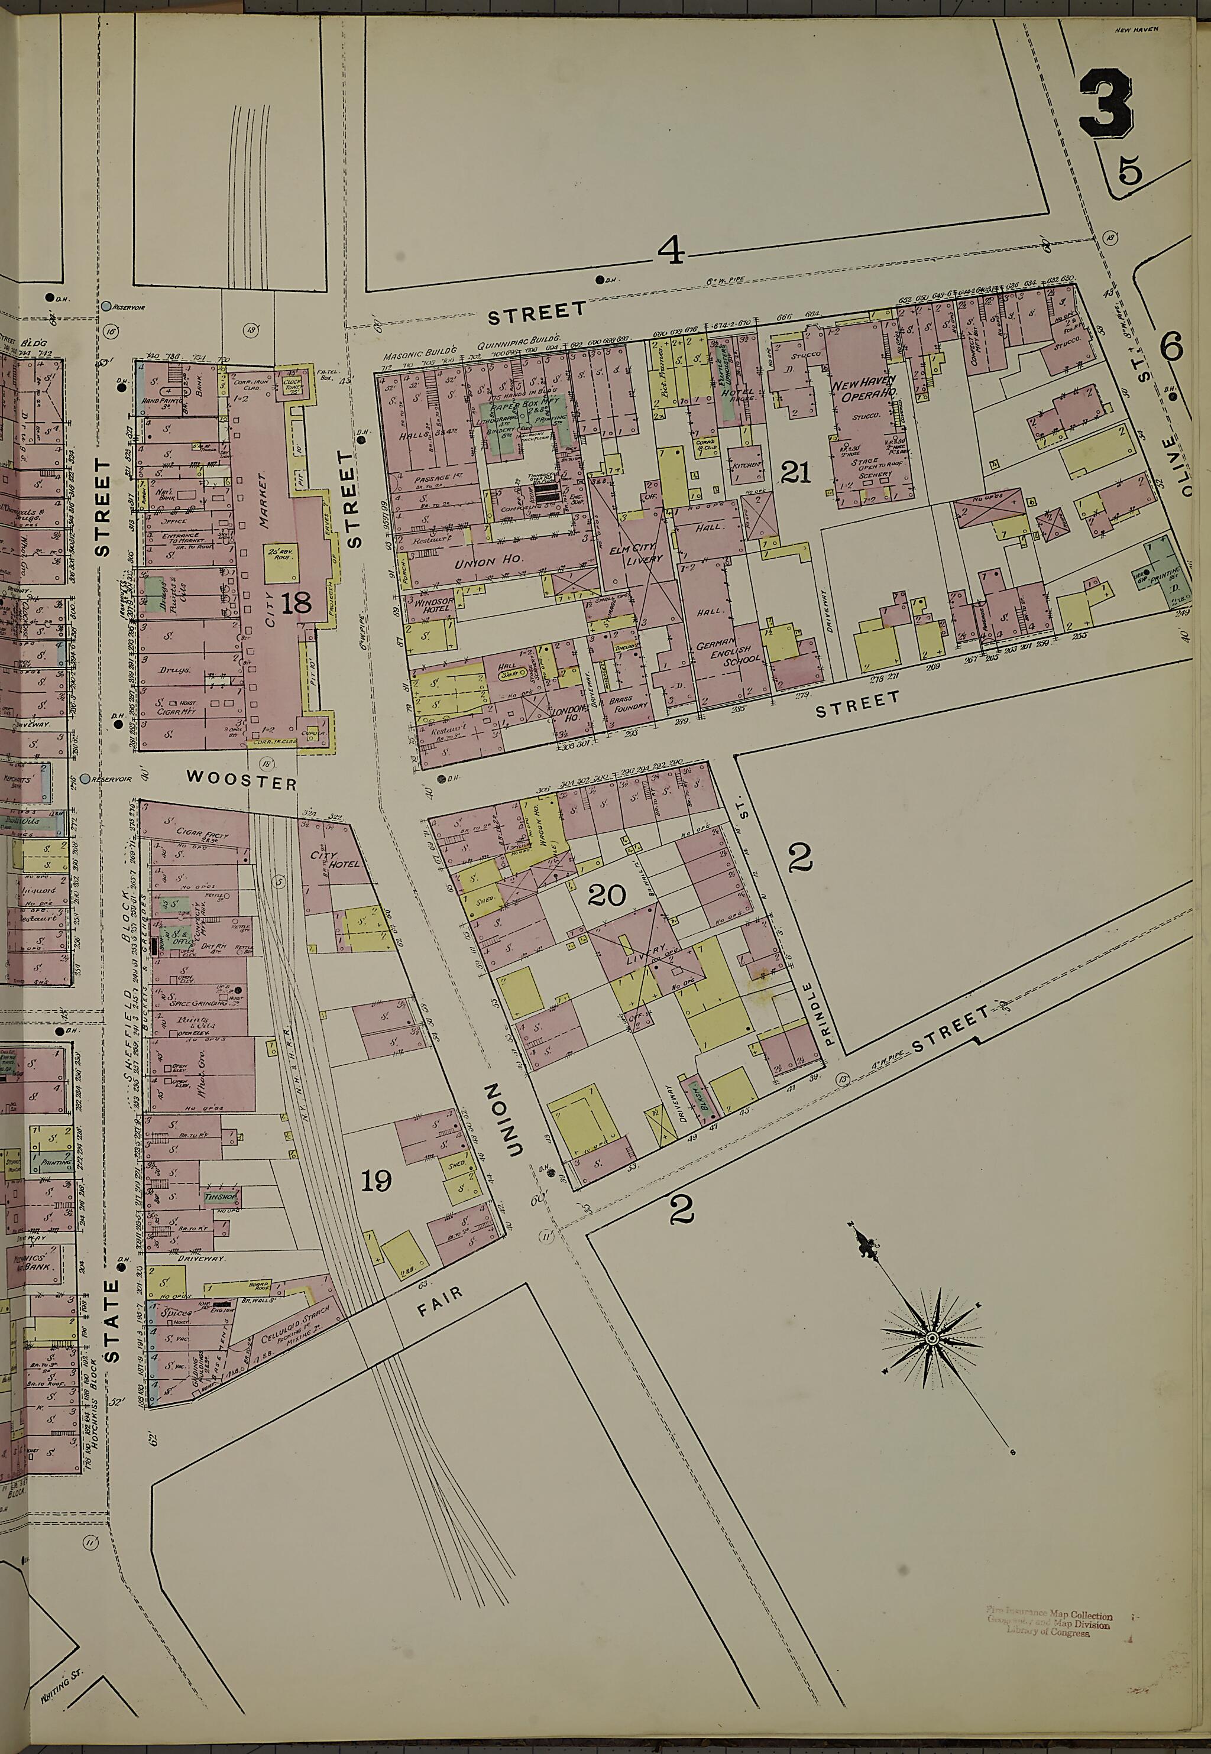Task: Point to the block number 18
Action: pos(295,603)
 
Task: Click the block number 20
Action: pos(607,896)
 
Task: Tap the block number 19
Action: pos(375,1181)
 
